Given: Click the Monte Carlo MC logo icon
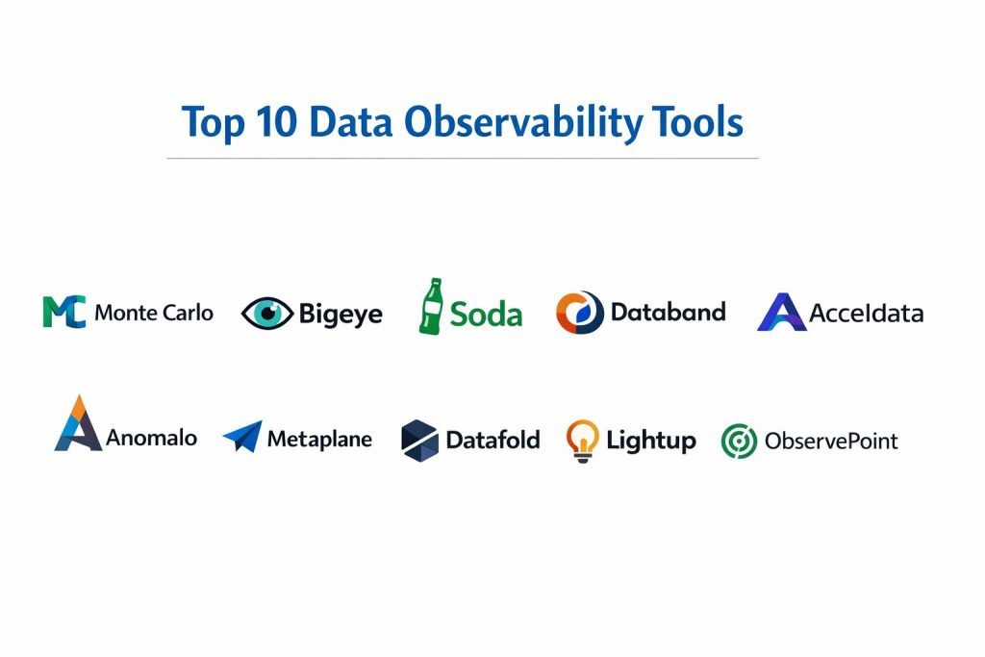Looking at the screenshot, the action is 64,312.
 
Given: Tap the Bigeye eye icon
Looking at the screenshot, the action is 267,313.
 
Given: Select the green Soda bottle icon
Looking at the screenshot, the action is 432,307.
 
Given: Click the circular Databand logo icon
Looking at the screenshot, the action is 580,313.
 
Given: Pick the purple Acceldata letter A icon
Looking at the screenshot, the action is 782,313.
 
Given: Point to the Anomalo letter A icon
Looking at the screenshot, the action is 78,424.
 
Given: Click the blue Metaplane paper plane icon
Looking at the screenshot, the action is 243,436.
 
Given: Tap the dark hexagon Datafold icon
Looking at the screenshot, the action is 419,441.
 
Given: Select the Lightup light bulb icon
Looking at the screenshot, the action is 582,441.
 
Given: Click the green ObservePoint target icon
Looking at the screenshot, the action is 740,441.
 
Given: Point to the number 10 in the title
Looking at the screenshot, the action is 276,122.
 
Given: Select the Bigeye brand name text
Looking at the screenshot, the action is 341,314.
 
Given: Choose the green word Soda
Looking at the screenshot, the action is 486,314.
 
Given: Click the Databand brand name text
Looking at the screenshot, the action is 669,313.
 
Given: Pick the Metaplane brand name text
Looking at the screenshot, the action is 319,439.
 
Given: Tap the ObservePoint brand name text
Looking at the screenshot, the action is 831,441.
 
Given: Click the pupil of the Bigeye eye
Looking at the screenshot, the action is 268,312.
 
